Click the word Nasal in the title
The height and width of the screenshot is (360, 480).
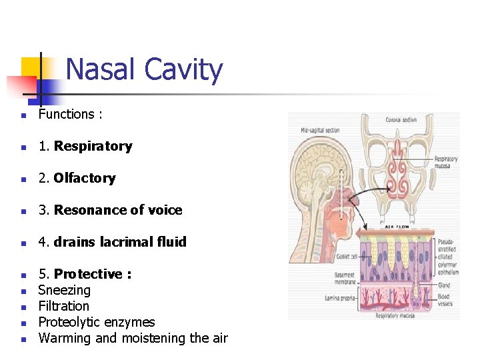[x=100, y=69]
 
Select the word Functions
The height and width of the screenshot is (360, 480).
[x=66, y=114]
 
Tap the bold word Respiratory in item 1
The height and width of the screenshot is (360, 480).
[x=93, y=146]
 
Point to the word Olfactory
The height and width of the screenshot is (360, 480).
[x=85, y=178]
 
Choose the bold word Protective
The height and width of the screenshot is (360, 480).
[x=88, y=274]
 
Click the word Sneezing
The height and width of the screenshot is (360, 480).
[x=64, y=290]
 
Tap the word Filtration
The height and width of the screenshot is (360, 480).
[x=63, y=306]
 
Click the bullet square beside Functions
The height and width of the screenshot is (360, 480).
[x=23, y=115]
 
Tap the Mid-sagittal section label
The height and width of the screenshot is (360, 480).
[x=320, y=130]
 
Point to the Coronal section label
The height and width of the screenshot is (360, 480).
[x=401, y=120]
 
